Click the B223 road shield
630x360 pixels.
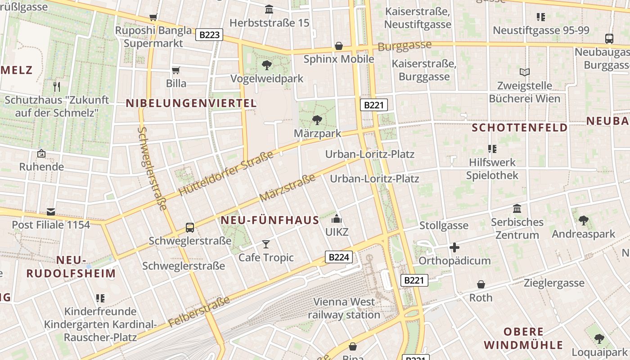pos(209,35)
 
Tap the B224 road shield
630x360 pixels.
pos(338,257)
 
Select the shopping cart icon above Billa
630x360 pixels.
pos(176,70)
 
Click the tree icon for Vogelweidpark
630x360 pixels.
pos(267,65)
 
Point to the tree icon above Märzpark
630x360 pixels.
pos(317,120)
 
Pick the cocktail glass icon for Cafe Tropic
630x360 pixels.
pos(266,244)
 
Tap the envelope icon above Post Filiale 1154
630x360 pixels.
pos(51,211)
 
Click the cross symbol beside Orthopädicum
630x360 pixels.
pos(454,247)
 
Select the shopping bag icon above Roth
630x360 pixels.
pos(481,284)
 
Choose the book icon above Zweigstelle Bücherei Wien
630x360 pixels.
pos(525,72)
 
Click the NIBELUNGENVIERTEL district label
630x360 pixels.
pos(191,103)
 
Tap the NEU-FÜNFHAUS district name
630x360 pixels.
pos(270,220)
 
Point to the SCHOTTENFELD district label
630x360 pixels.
pos(520,128)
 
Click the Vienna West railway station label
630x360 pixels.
pos(344,308)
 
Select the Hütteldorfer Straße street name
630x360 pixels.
pos(226,174)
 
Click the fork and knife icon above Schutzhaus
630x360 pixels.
pos(57,86)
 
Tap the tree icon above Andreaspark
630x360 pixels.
pos(583,220)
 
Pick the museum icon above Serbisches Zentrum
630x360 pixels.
pos(517,209)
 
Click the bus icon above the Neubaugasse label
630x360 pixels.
pos(609,39)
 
